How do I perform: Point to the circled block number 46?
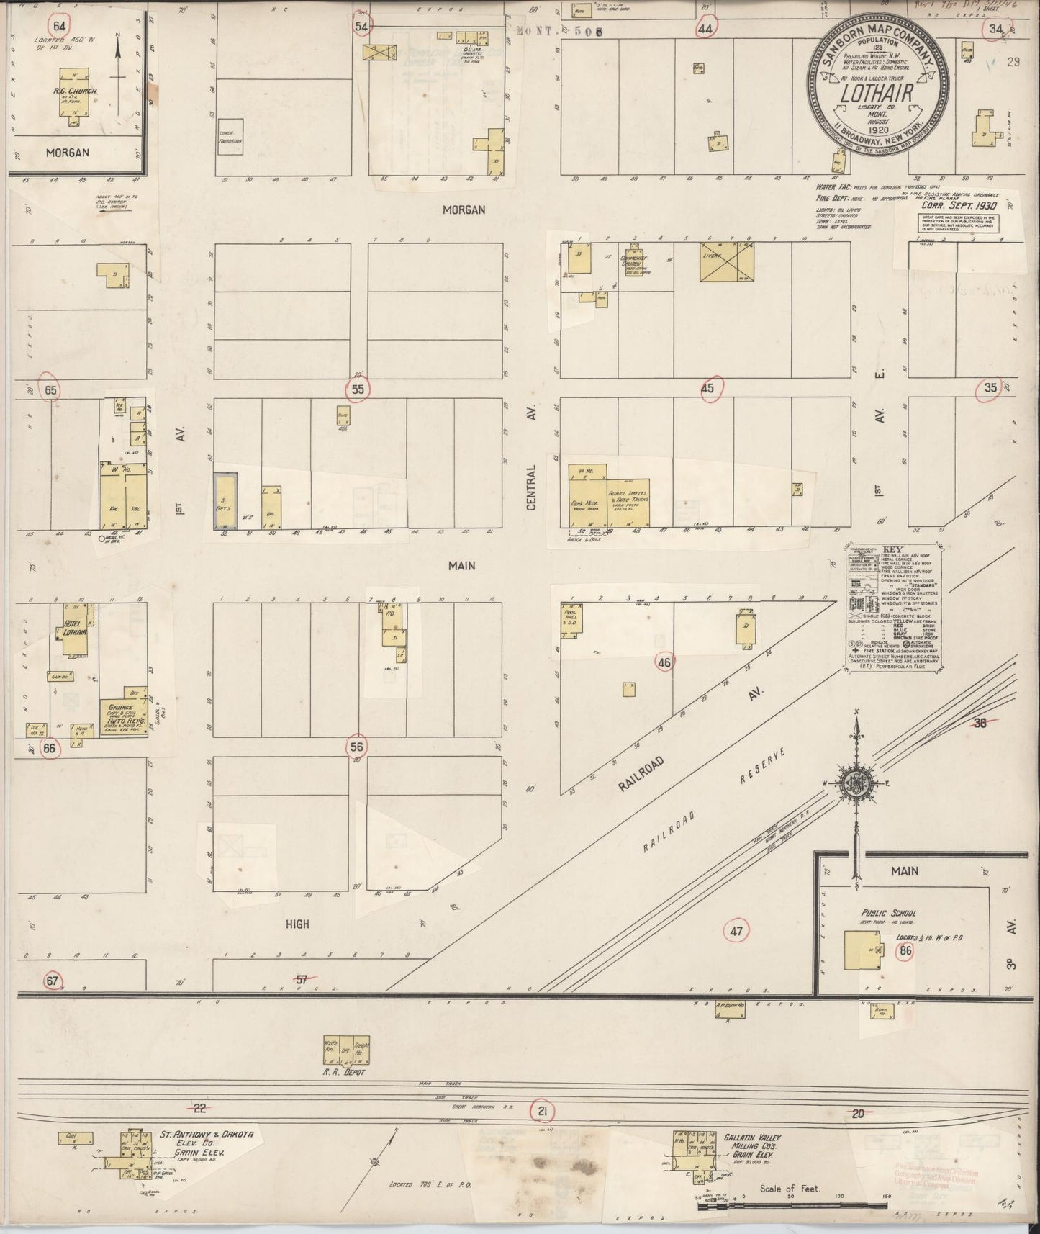pos(664,661)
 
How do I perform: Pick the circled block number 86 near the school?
pos(905,951)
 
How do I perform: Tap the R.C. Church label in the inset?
pos(71,91)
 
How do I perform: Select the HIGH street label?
pos(297,924)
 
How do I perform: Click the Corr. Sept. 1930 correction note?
pos(954,204)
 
